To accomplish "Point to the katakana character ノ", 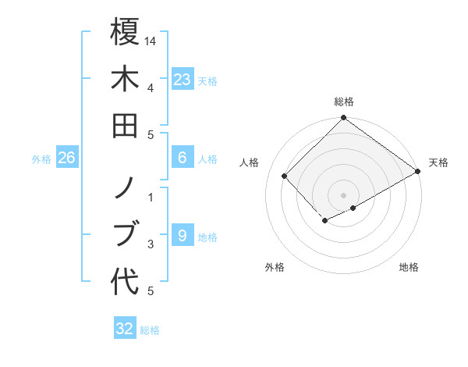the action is pos(125,187).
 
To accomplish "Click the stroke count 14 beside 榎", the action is pos(151,41).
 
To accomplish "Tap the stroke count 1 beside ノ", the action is pos(151,197).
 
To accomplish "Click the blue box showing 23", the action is pos(182,80).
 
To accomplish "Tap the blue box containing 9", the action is pos(182,236).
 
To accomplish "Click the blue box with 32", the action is pos(125,329).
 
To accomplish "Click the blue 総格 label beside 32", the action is pos(150,330).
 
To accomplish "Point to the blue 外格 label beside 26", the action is pos(41,159).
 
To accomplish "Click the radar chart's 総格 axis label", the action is pos(343,102).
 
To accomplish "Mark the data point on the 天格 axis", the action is pos(418,172).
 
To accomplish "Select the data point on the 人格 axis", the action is pos(285,176).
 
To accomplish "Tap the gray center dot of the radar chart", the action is pos(343,194).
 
